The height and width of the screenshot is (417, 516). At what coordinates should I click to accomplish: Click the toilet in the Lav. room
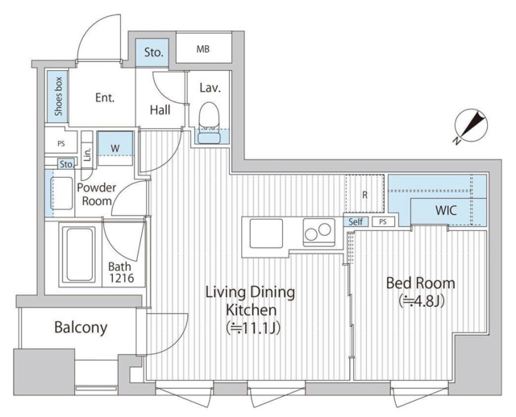(x=209, y=123)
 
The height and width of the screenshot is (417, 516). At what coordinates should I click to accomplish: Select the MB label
(x=203, y=49)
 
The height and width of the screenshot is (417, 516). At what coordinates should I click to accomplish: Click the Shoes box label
(x=59, y=97)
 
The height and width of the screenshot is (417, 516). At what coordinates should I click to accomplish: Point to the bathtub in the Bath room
(x=80, y=254)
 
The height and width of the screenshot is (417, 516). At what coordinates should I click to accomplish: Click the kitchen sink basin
(x=266, y=233)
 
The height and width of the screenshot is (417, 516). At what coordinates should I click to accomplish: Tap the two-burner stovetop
(x=318, y=232)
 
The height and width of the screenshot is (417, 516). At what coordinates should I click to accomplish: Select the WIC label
(x=446, y=210)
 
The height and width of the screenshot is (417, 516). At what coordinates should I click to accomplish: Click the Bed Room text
(x=421, y=283)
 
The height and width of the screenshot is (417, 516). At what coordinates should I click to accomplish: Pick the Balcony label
(x=81, y=328)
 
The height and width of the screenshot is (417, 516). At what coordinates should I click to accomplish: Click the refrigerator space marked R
(x=364, y=194)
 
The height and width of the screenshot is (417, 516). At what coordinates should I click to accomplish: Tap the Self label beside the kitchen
(x=356, y=222)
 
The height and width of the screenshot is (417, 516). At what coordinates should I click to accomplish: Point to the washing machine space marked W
(x=115, y=148)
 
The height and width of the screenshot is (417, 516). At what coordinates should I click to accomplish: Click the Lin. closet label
(x=87, y=153)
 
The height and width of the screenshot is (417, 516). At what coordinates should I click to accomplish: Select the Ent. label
(x=105, y=97)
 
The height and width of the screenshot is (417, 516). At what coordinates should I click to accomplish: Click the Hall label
(x=160, y=110)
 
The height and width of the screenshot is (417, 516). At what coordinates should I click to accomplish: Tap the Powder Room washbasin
(x=61, y=193)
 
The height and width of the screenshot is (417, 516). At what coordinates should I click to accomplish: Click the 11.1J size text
(x=252, y=328)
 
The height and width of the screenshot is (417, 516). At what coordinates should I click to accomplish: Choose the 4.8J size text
(x=421, y=300)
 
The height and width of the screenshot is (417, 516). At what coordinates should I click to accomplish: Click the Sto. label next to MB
(x=154, y=52)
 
